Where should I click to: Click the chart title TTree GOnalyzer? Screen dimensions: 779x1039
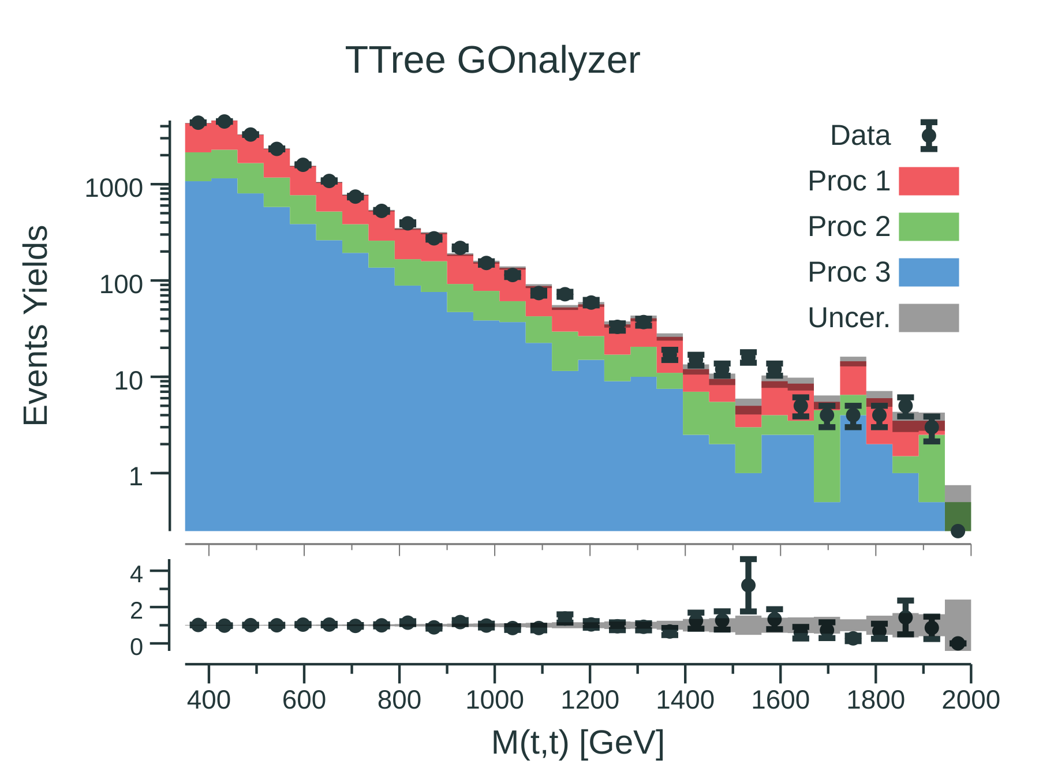coord(492,60)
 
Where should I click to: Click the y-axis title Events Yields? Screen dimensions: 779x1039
coord(36,325)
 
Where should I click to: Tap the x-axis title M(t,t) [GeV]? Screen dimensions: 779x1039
coord(578,742)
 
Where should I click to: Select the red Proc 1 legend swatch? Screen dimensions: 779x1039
coord(928,181)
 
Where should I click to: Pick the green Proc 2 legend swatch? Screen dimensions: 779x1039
coord(928,227)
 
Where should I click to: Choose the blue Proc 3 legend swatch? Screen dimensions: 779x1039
coord(928,272)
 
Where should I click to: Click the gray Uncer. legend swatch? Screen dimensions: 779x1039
coord(928,318)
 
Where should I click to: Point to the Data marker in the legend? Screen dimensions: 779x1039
coord(929,136)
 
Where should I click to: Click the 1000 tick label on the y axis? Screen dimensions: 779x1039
coord(113,188)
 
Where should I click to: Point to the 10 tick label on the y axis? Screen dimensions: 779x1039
coord(128,381)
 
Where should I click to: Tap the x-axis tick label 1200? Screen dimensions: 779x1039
coord(590,701)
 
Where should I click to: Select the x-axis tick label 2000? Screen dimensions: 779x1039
coord(971,701)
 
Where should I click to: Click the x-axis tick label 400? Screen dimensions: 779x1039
coord(209,701)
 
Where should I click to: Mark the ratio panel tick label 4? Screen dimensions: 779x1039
coord(136,574)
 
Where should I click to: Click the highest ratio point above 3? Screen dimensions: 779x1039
coord(748,585)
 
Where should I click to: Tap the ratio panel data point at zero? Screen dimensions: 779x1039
coord(958,643)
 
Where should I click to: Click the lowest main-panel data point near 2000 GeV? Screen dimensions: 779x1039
coord(958,531)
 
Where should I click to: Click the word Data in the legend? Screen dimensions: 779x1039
coord(860,136)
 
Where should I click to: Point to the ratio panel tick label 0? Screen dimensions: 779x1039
coord(136,647)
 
